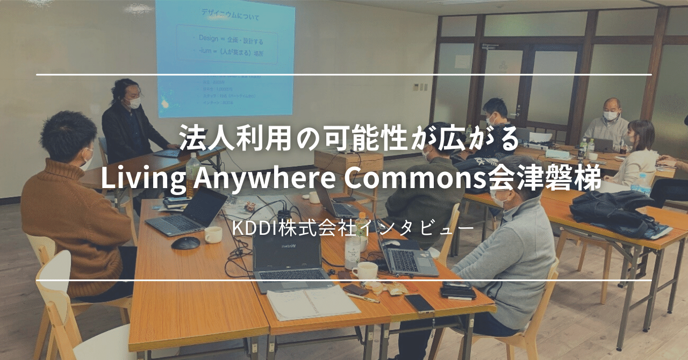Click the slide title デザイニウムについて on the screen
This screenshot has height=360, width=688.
coord(230,17)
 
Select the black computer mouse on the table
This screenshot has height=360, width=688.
coord(185,243)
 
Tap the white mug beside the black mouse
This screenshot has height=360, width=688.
coord(213,234)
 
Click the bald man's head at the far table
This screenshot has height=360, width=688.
coord(611,106)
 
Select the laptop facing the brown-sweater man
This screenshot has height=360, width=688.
coord(188,212)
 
